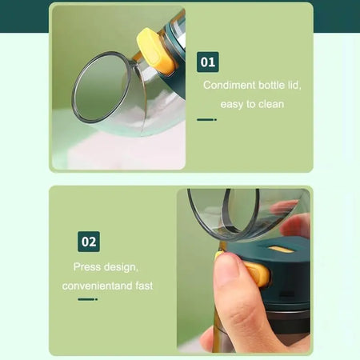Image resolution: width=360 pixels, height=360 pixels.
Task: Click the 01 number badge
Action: tap(208, 62)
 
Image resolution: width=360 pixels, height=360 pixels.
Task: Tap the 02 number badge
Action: tap(89, 242)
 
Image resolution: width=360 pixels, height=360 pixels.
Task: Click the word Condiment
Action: tap(230, 86)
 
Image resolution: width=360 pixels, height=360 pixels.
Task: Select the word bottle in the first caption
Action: tap(271, 86)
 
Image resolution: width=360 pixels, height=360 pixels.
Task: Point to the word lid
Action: tap(294, 86)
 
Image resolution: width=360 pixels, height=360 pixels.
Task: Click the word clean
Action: tap(271, 104)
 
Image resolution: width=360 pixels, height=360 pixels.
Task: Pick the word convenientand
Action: tap(98, 286)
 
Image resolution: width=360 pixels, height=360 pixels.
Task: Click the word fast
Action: tap(144, 286)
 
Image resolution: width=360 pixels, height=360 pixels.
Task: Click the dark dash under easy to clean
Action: tap(206, 120)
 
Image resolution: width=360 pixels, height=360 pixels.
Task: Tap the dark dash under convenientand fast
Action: tap(87, 299)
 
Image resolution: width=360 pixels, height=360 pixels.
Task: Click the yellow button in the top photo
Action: tap(155, 50)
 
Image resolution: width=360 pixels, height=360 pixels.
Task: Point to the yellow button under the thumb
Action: tap(257, 274)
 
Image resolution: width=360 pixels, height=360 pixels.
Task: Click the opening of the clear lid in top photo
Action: tap(100, 87)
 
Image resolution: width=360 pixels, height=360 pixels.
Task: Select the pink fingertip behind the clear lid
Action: tap(284, 206)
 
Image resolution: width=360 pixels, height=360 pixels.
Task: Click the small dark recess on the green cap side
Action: tap(286, 294)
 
